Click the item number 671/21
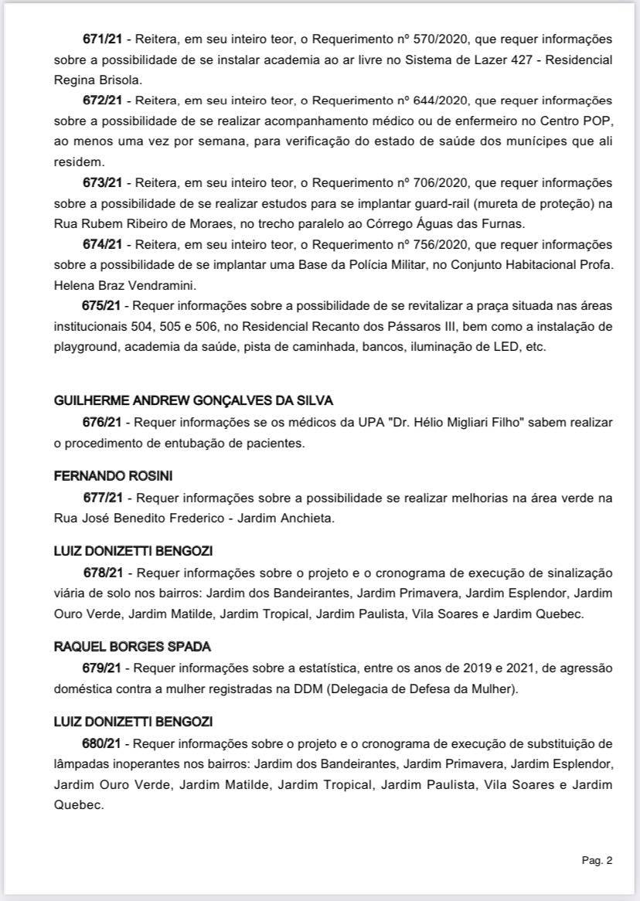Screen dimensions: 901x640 102,39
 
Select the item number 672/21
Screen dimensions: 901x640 102,101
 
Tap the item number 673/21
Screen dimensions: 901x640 102,183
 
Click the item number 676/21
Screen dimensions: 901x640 102,423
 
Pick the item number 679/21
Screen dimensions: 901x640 102,667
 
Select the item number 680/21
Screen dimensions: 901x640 102,744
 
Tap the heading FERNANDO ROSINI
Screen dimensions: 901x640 102,476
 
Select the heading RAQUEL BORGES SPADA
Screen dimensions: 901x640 132,646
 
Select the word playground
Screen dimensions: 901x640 83,348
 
